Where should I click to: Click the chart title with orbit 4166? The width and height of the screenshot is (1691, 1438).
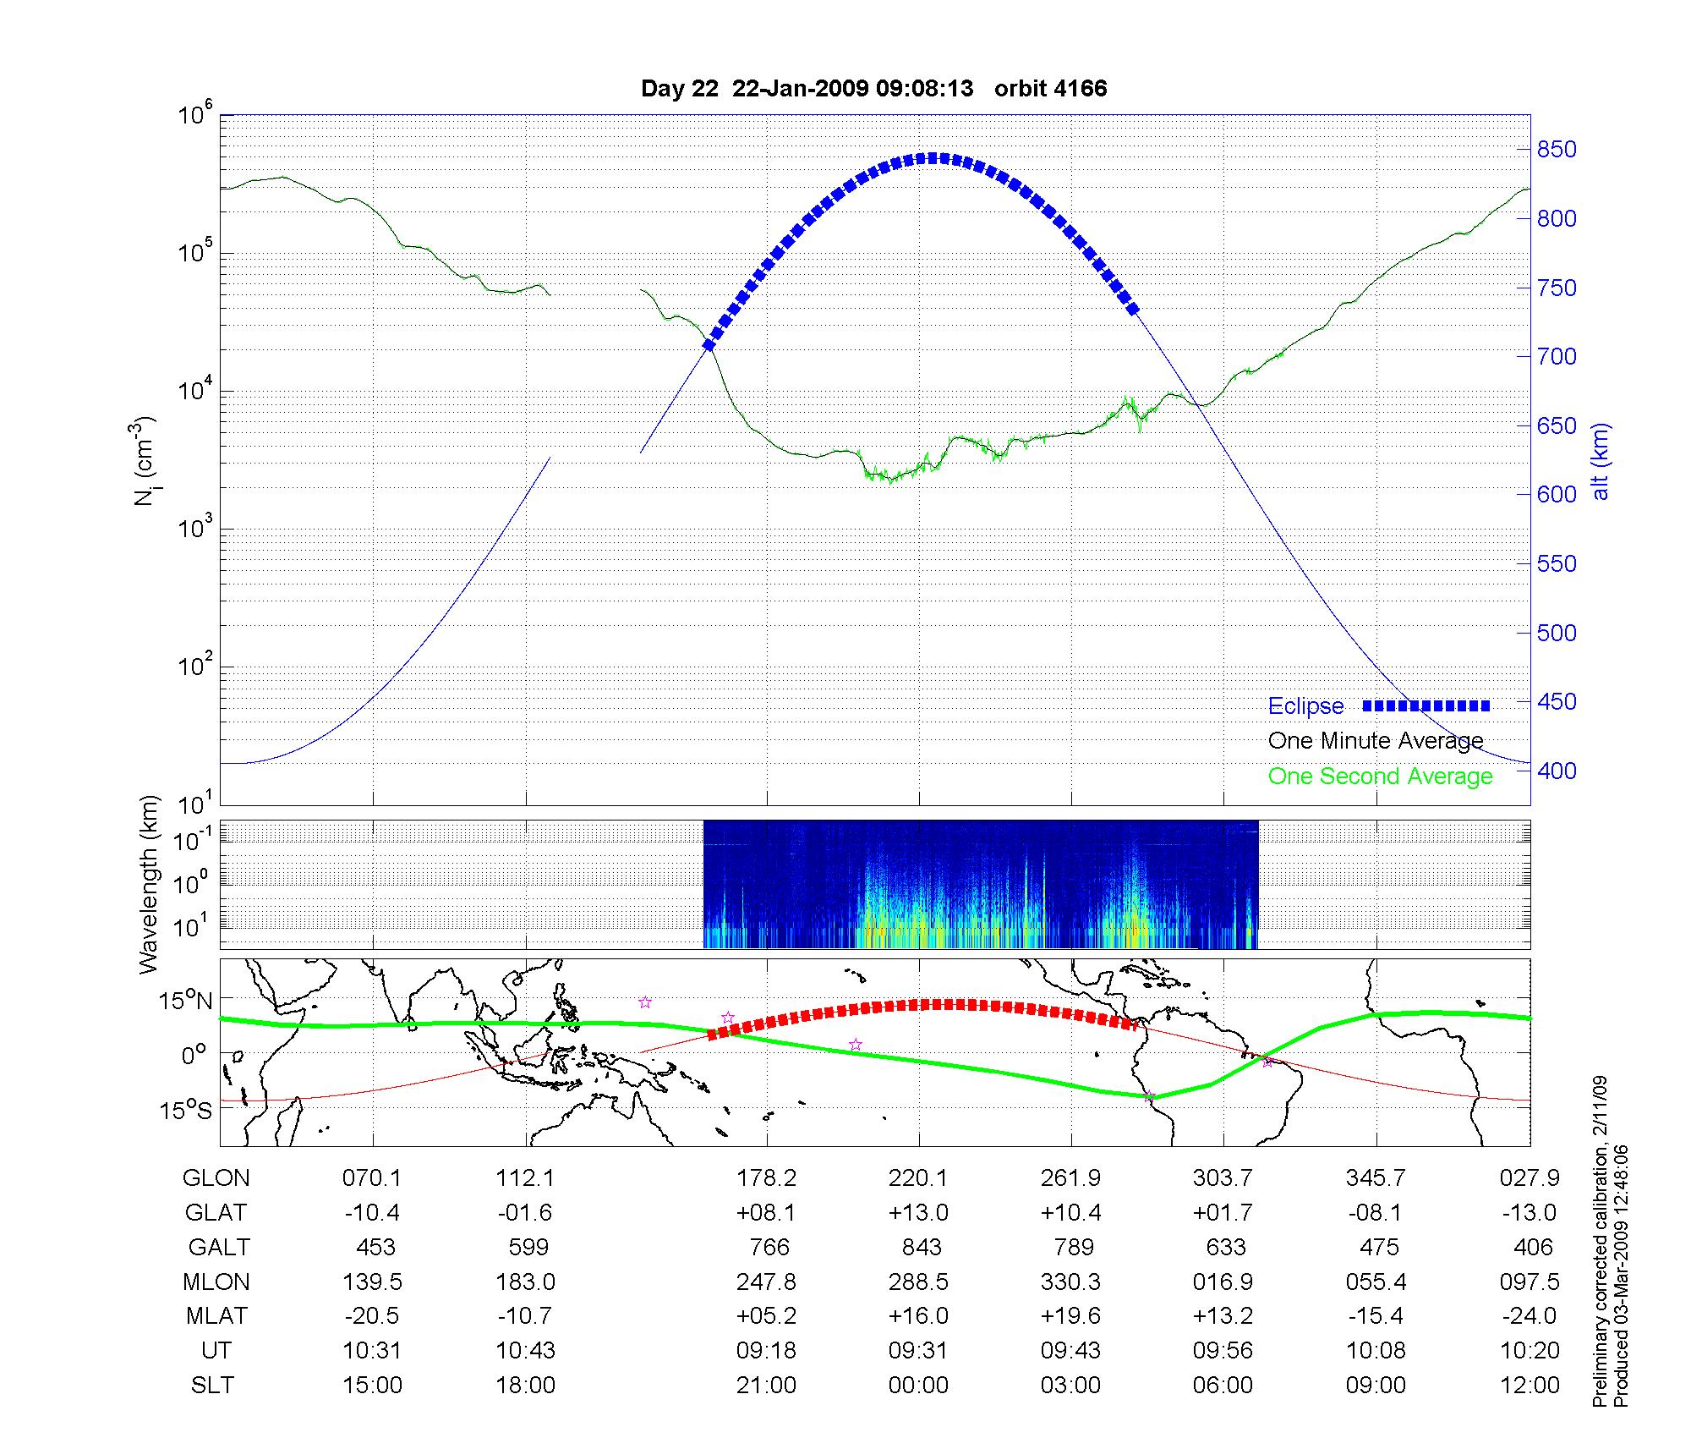click(x=873, y=89)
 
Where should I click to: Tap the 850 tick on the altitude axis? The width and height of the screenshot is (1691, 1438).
click(x=1557, y=150)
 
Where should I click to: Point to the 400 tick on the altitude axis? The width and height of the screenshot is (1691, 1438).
click(x=1557, y=771)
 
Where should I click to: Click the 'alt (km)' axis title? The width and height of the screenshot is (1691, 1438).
click(x=1601, y=461)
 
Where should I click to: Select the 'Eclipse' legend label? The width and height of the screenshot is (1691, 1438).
click(x=1305, y=706)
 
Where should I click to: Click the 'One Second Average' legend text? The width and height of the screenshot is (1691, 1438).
click(x=1380, y=777)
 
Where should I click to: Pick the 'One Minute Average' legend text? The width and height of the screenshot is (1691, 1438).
click(x=1376, y=741)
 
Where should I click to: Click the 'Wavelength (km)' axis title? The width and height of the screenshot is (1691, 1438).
click(x=148, y=884)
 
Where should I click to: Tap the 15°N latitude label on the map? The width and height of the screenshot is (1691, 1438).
click(x=185, y=1002)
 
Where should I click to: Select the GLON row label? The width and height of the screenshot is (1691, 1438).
click(x=216, y=1177)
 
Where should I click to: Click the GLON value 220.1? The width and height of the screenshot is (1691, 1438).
click(x=918, y=1177)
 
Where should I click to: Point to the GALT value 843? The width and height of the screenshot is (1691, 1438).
click(x=921, y=1247)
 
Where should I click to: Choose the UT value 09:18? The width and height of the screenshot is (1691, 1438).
click(x=766, y=1350)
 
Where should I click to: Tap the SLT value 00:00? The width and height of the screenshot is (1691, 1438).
click(x=918, y=1385)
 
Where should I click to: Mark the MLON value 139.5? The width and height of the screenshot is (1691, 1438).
click(x=372, y=1282)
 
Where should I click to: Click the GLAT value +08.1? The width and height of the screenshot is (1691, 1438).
click(x=766, y=1212)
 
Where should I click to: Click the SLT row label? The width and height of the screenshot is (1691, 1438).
click(x=212, y=1385)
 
